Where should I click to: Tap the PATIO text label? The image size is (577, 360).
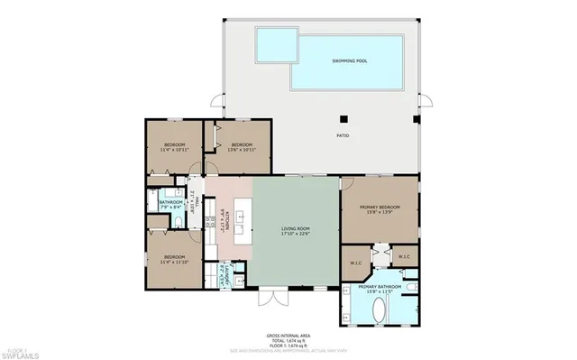pos(343,136)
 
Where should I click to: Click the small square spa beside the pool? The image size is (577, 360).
pos(276,42)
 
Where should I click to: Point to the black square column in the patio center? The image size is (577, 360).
pos(343,117)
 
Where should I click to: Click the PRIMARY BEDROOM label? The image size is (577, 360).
pos(379,209)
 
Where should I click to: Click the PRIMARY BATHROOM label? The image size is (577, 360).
pos(379,291)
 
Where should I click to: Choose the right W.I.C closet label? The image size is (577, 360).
pos(404,256)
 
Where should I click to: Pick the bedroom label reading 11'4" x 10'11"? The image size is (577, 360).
pos(174,147)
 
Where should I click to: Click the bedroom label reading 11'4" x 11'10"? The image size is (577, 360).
pos(174,260)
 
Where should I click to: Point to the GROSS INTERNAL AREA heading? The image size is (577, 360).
pos(288,333)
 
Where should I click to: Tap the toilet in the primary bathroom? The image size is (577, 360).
pos(410,289)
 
